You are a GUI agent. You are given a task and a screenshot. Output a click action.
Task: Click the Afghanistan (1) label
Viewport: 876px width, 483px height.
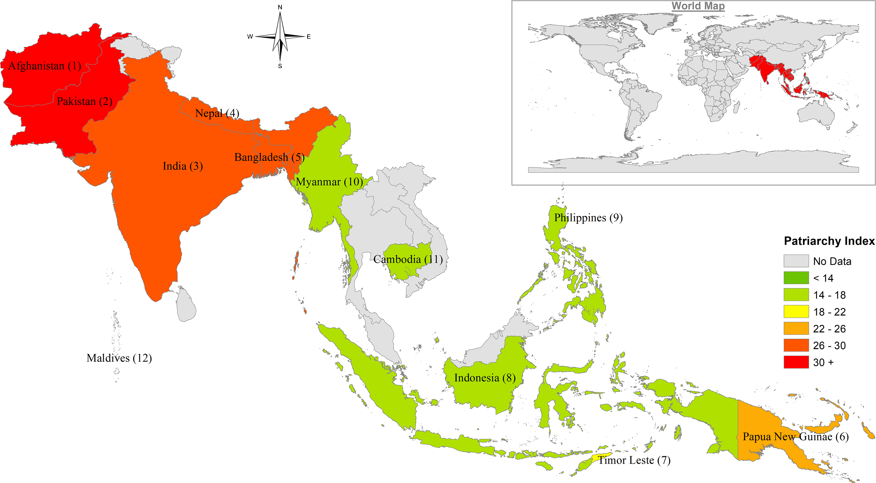click(x=45, y=66)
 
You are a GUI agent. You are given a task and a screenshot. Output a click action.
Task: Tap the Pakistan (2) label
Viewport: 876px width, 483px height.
click(x=84, y=101)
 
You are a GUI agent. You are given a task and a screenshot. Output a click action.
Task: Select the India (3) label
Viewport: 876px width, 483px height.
click(x=183, y=166)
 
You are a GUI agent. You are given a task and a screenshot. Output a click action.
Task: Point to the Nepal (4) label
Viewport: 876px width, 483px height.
click(x=217, y=113)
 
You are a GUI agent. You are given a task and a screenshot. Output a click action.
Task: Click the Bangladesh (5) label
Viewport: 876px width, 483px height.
click(x=269, y=157)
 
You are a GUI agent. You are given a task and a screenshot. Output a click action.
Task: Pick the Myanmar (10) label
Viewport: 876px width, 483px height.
click(x=329, y=182)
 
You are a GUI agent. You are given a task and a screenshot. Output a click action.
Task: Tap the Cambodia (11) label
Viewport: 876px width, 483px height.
click(x=408, y=259)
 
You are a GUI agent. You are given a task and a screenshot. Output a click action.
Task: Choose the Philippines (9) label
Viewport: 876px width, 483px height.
click(x=588, y=218)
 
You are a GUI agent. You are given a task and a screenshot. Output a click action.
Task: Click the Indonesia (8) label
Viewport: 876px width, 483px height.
click(x=485, y=378)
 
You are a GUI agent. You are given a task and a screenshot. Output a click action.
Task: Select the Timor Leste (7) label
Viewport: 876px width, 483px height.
click(x=634, y=460)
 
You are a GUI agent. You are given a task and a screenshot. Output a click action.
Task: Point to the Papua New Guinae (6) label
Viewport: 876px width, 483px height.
click(x=795, y=436)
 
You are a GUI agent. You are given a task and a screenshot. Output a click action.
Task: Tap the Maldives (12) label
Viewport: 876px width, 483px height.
click(x=119, y=358)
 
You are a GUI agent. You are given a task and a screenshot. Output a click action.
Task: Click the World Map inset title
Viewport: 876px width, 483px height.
click(x=698, y=6)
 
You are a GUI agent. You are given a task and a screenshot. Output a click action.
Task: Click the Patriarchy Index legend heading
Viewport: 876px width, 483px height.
click(x=829, y=241)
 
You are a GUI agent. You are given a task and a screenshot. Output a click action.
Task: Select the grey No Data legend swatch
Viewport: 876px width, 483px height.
click(x=796, y=261)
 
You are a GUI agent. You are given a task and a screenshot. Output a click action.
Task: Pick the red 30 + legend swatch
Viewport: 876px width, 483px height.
click(x=796, y=362)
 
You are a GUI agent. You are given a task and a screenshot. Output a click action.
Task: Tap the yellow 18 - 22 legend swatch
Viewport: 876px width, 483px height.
click(x=796, y=311)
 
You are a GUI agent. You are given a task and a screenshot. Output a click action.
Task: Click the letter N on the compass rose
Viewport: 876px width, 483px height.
click(x=280, y=7)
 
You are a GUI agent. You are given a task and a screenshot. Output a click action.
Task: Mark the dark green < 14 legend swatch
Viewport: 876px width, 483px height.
click(x=796, y=278)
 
